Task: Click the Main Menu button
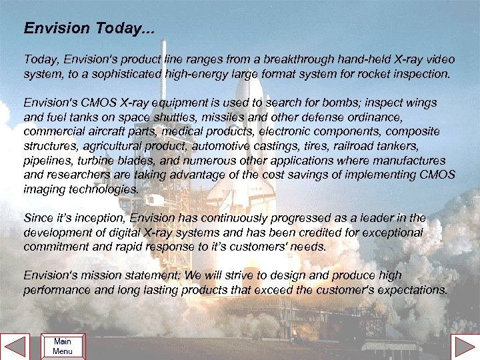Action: click(x=63, y=347)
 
